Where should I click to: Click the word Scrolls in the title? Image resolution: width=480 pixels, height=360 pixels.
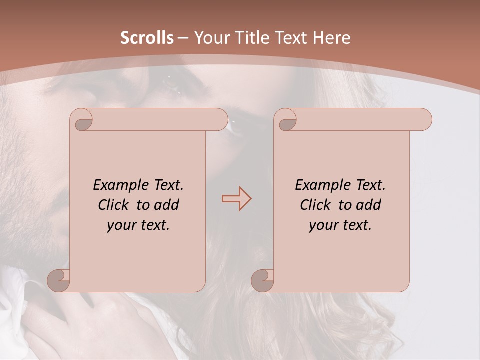[147, 38]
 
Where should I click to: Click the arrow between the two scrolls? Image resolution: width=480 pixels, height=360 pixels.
[236, 198]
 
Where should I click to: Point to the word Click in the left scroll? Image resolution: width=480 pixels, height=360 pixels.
[114, 205]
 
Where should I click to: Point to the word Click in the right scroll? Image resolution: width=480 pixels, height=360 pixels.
[316, 205]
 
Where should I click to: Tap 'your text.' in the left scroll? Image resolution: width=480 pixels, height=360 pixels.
[138, 225]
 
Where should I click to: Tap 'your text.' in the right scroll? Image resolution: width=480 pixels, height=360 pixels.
[340, 225]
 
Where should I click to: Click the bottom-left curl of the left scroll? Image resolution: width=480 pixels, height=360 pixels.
[59, 280]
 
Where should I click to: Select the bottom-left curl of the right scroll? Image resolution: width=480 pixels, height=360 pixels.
[262, 280]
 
